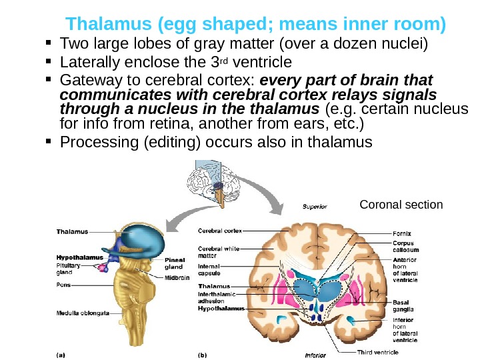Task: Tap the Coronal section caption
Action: click(x=401, y=204)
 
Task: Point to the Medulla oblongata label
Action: click(x=81, y=312)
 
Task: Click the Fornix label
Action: click(x=402, y=233)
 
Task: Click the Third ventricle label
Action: click(x=377, y=351)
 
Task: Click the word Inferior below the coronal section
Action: click(x=315, y=355)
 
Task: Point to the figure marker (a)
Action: click(x=61, y=355)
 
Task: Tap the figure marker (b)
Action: click(x=203, y=355)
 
